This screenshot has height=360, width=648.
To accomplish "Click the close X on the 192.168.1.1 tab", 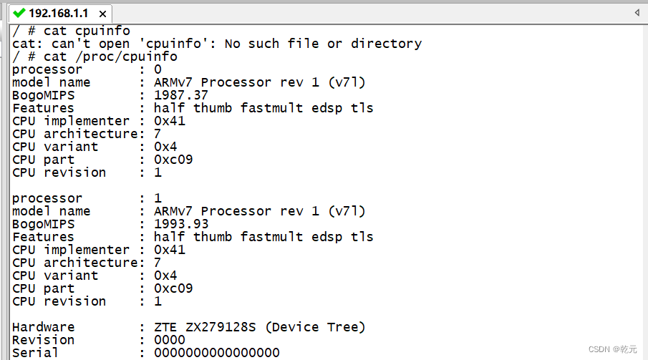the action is click(103, 14).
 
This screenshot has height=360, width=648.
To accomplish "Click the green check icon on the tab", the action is click(19, 12).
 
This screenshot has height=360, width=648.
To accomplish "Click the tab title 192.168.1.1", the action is click(59, 13).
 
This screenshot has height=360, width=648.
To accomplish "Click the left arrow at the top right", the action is click(637, 12).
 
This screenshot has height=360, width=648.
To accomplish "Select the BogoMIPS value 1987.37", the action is click(181, 95).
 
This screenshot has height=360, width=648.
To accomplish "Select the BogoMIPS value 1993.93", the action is click(181, 224).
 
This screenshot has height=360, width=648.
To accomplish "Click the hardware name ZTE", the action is click(165, 327).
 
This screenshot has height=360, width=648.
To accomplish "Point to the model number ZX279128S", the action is click(218, 327).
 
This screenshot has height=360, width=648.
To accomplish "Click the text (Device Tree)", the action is click(315, 327).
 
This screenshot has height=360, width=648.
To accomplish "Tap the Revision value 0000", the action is click(170, 340).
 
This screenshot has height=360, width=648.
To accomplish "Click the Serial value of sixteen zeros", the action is click(217, 353).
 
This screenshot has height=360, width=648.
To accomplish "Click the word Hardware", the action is click(43, 327).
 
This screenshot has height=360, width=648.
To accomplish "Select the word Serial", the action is click(35, 353).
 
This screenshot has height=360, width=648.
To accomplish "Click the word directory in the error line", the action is click(386, 44).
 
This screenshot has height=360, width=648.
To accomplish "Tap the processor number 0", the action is click(158, 69).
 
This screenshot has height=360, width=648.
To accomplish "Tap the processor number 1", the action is click(158, 198).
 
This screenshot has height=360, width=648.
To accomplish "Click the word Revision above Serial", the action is click(43, 340).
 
